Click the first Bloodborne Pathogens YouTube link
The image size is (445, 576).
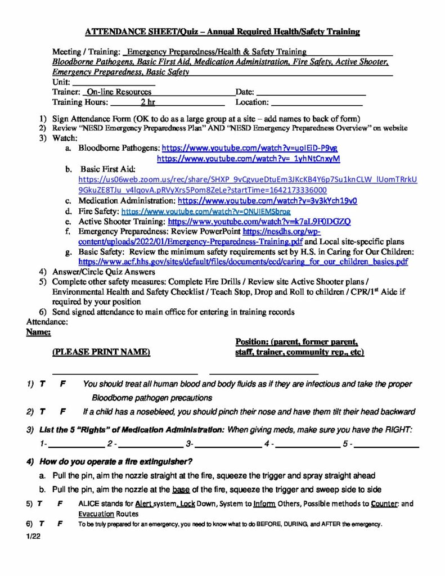(249, 148)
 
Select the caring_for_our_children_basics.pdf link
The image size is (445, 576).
(243, 262)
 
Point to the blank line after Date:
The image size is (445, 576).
(311, 92)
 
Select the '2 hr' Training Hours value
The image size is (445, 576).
(148, 102)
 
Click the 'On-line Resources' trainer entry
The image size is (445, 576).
(119, 92)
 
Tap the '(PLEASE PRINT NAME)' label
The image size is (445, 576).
(101, 352)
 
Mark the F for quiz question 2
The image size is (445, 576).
(63, 411)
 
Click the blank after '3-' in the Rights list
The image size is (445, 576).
(228, 444)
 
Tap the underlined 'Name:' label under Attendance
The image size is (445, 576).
(39, 333)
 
